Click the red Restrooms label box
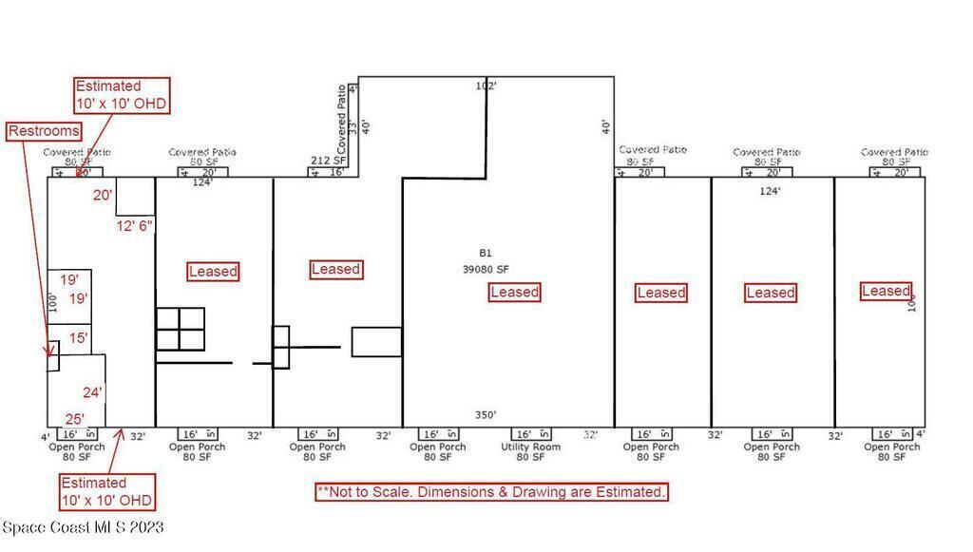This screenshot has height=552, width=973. pyautogui.click(x=44, y=131)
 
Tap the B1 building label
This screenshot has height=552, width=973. pyautogui.click(x=485, y=254)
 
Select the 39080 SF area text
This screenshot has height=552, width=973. pyautogui.click(x=486, y=269)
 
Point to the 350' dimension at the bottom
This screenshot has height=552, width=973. pyautogui.click(x=485, y=415)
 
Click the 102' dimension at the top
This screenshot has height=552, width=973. pyautogui.click(x=486, y=86)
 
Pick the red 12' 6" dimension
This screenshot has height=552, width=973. pyautogui.click(x=134, y=225)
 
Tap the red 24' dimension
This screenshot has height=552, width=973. pyautogui.click(x=92, y=391)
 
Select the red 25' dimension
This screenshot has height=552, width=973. pyautogui.click(x=74, y=418)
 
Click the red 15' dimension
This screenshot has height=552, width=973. pyautogui.click(x=78, y=337)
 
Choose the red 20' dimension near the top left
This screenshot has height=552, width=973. pyautogui.click(x=103, y=195)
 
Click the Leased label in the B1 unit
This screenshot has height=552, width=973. pyautogui.click(x=514, y=292)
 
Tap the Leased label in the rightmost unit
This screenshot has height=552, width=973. pyautogui.click(x=886, y=291)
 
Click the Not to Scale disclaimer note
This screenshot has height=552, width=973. pyautogui.click(x=491, y=492)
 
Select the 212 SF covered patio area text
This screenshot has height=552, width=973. pyautogui.click(x=328, y=161)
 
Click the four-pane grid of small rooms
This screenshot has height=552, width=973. pyautogui.click(x=181, y=329)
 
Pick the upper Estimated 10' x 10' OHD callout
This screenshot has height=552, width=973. pyautogui.click(x=122, y=95)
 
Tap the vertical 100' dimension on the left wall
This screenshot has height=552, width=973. pyautogui.click(x=53, y=303)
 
